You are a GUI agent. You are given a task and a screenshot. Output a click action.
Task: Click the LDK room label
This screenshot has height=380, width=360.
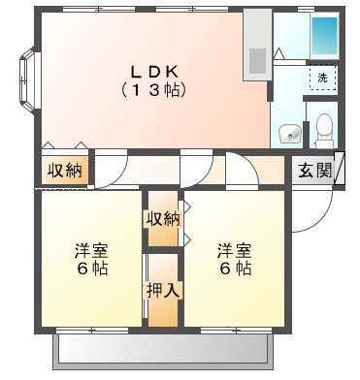(x=154, y=72)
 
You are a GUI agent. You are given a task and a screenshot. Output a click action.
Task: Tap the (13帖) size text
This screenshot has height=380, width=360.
(x=154, y=90)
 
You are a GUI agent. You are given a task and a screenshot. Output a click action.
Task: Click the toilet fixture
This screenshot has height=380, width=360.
(x=324, y=131)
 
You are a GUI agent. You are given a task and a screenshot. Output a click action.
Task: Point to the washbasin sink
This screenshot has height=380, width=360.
(x=290, y=134)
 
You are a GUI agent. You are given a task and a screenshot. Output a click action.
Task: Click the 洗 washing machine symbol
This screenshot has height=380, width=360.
(x=322, y=78)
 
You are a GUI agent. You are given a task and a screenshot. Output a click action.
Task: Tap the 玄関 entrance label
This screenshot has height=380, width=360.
(x=315, y=171)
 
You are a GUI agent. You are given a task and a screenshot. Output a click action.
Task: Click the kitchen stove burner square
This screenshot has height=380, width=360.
(x=258, y=61)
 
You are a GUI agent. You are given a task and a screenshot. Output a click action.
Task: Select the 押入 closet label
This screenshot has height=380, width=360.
(x=163, y=291)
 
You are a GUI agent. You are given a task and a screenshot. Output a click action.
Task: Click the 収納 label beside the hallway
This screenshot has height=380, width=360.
(x=65, y=170)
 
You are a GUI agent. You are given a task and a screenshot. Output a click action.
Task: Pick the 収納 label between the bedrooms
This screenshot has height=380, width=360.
(x=163, y=219)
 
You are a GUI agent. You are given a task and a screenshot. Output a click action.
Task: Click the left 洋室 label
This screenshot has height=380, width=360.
(x=91, y=251)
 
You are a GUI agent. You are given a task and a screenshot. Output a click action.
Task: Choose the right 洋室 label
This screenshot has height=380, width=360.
(x=234, y=251)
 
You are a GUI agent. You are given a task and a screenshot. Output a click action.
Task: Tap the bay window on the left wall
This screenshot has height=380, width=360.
(x=29, y=79)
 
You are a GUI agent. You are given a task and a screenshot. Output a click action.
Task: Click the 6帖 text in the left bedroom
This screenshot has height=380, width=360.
(x=92, y=269)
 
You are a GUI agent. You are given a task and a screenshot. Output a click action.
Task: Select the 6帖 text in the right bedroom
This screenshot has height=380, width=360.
(x=235, y=269)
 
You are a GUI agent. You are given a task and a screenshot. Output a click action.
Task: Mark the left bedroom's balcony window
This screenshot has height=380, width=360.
(x=92, y=331)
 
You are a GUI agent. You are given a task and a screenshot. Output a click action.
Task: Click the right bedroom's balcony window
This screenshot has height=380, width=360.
(x=236, y=331)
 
